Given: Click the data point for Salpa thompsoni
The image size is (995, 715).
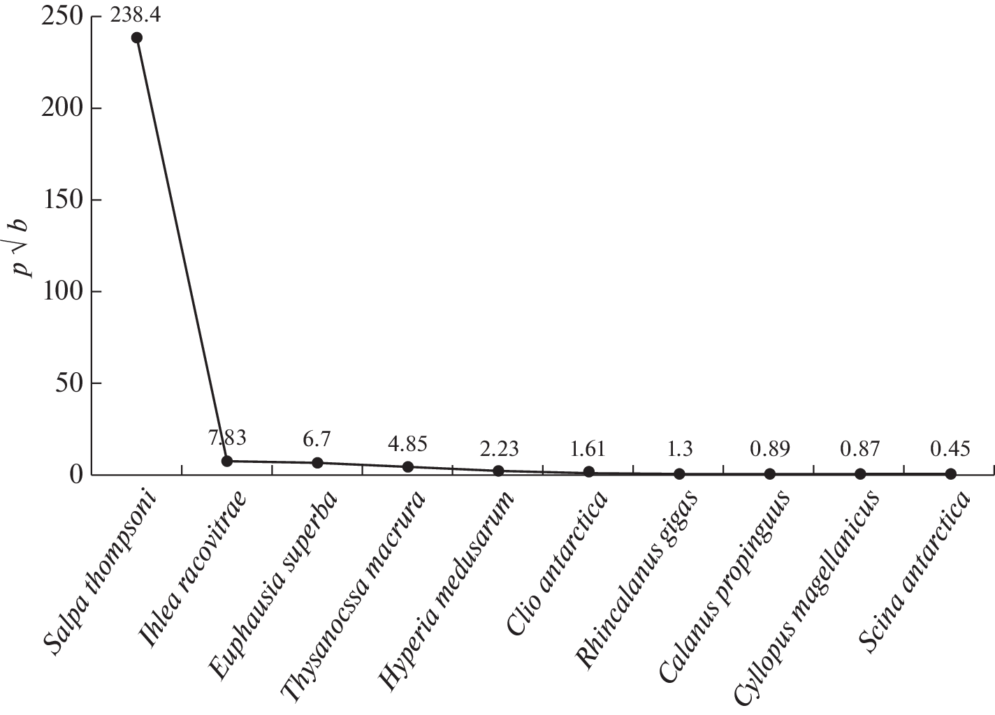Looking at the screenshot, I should tap(137, 38).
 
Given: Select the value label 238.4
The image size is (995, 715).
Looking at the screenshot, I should tap(135, 15).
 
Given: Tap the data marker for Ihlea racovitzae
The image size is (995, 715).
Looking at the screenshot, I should tap(227, 461).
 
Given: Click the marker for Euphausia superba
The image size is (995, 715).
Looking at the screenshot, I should tap(317, 463).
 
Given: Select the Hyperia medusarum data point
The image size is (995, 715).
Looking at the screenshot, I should tap(498, 471).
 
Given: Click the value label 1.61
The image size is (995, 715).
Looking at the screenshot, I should tap(588, 448).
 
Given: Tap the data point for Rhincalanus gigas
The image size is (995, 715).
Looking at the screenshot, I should tap(679, 473).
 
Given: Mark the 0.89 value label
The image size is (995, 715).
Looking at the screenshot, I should tap(769, 449).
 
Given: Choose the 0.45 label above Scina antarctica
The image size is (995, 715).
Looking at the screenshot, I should tap(950, 449).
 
